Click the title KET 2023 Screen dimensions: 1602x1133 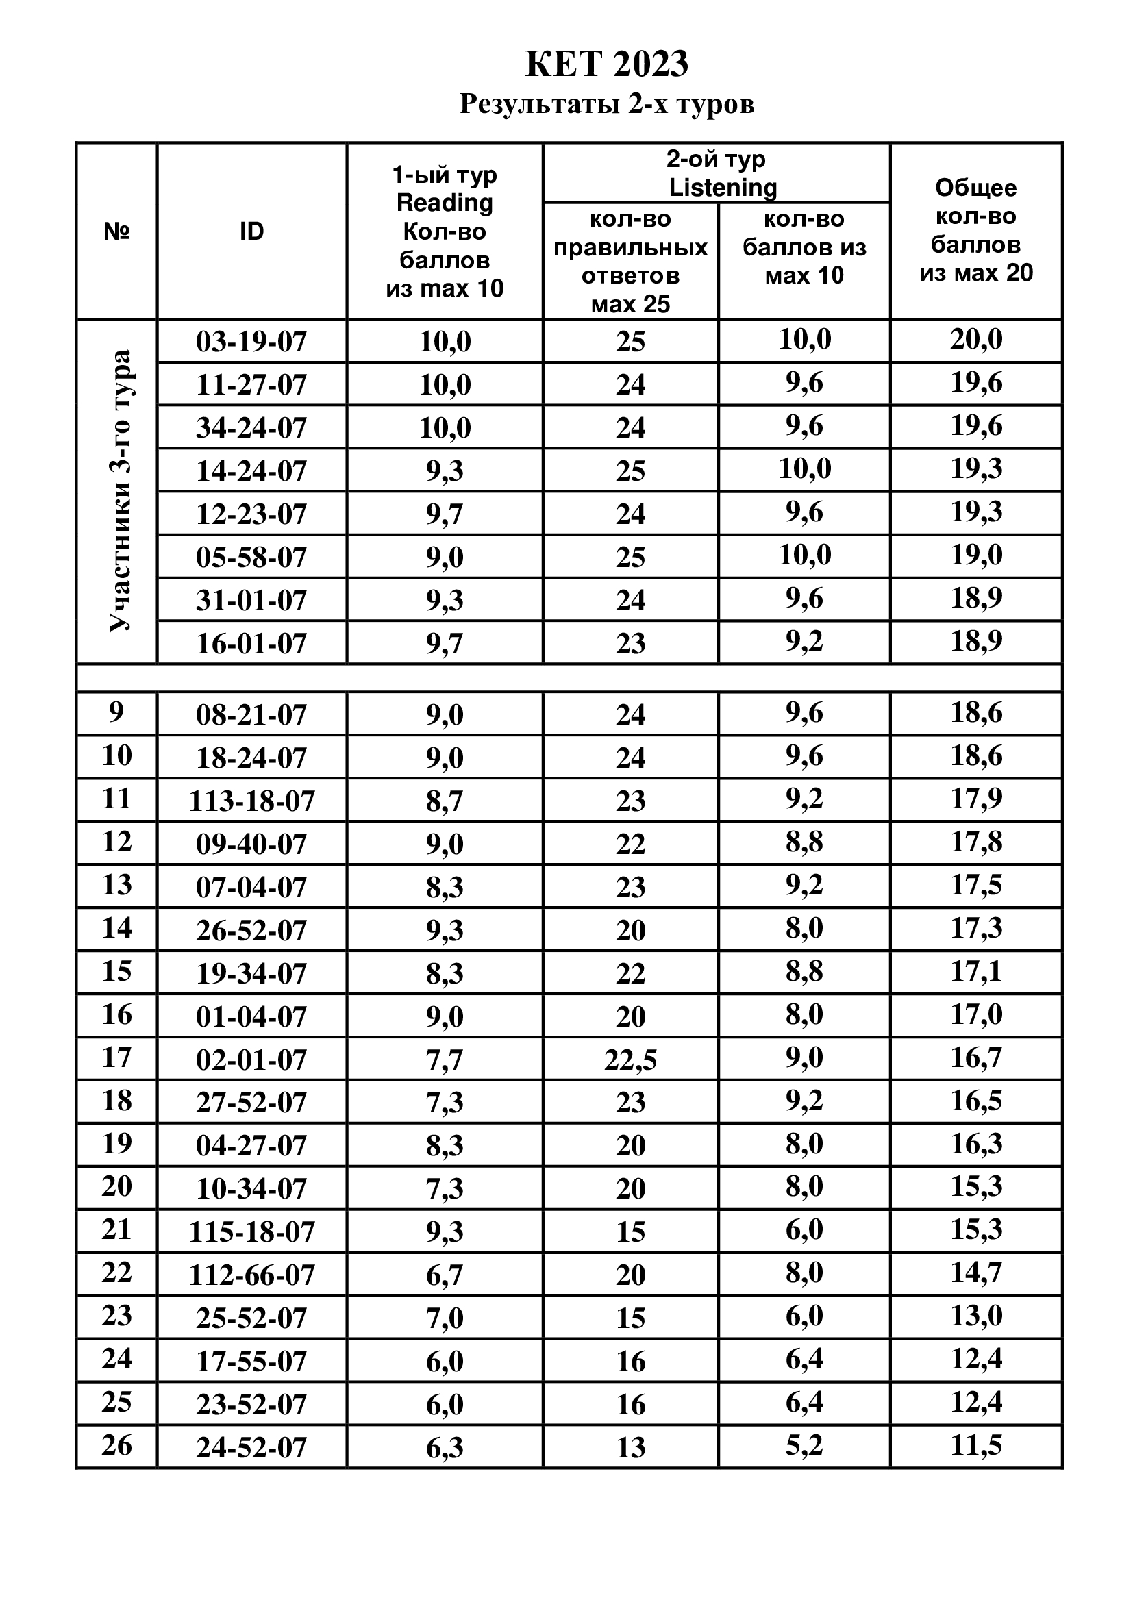[606, 64]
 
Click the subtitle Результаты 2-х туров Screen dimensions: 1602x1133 [606, 105]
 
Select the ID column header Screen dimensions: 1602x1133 [251, 231]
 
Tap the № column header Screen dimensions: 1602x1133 [116, 231]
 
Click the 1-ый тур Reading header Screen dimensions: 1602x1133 [445, 231]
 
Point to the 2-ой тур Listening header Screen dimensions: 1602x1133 [717, 173]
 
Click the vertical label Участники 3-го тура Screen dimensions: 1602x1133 [119, 491]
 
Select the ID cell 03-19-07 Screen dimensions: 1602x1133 [251, 342]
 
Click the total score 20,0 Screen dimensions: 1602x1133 [976, 340]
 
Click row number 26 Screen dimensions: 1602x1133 [116, 1445]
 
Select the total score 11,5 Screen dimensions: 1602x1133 [976, 1445]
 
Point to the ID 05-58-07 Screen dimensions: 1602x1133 [251, 558]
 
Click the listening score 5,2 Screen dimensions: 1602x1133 [804, 1445]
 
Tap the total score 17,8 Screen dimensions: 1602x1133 [976, 842]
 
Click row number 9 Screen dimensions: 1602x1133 [116, 712]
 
